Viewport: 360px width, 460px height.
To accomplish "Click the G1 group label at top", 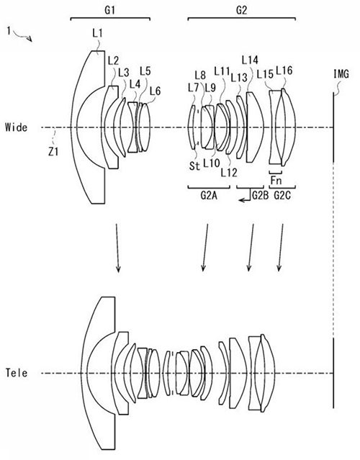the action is pos(109,10).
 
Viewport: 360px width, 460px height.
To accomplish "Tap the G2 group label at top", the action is pos(241,10).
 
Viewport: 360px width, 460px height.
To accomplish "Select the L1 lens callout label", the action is pos(97,33).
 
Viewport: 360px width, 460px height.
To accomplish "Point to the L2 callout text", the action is pos(113,60).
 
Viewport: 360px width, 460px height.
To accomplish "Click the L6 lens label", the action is pos(155,91).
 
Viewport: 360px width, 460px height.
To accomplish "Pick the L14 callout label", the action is pos(250,60).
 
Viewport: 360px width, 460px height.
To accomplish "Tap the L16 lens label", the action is pos(284,71).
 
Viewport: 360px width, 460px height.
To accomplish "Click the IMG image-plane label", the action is pos(341,74).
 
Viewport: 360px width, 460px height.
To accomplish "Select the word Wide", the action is pos(17,127).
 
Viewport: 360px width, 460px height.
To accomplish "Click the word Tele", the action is pos(17,373).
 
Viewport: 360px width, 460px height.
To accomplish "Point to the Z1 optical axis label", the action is pos(53,152).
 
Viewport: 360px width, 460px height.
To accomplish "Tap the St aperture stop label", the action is pos(194,166).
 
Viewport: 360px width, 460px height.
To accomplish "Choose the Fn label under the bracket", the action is pos(276,181).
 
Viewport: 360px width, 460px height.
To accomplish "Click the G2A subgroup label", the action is pos(209,195).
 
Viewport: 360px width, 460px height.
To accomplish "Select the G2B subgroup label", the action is pos(260,195).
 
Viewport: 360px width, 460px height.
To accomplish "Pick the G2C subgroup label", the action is pos(282,195).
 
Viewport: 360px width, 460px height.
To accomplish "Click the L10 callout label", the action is pos(212,163).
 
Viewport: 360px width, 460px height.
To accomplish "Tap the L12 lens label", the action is pos(229,173).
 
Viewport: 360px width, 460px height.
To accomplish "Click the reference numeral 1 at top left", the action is pos(9,30).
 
